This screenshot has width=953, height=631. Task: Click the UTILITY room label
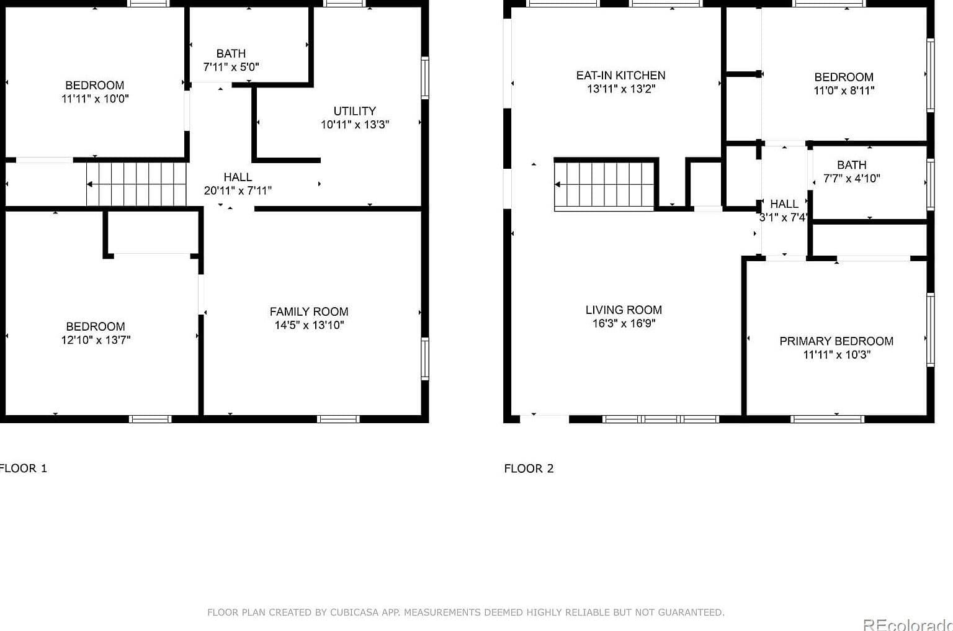coord(354,111)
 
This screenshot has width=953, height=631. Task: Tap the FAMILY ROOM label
coord(309,312)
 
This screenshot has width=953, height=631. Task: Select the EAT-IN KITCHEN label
coord(620,75)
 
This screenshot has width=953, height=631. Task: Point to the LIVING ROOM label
coord(624,310)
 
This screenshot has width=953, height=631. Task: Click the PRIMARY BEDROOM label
coord(836,341)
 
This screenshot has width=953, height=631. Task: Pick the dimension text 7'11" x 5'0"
coord(231,67)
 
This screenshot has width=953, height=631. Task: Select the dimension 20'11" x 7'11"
coord(238,190)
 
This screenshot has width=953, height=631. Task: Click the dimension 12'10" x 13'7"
coord(96,340)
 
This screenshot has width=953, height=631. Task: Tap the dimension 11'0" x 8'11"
coord(844,91)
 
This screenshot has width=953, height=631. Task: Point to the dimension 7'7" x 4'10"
coord(852,178)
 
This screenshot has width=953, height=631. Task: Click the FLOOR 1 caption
coord(23,468)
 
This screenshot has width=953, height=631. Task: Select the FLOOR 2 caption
coord(529,468)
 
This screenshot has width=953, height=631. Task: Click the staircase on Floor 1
coord(136,184)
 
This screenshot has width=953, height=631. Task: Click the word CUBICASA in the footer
coord(354,612)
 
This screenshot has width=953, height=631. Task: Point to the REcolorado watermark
coord(908,624)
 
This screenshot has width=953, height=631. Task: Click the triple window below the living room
coord(661,419)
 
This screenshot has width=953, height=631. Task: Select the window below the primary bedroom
coord(828,419)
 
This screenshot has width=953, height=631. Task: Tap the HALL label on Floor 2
coord(784,204)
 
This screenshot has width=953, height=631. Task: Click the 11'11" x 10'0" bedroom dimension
coord(95,99)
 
